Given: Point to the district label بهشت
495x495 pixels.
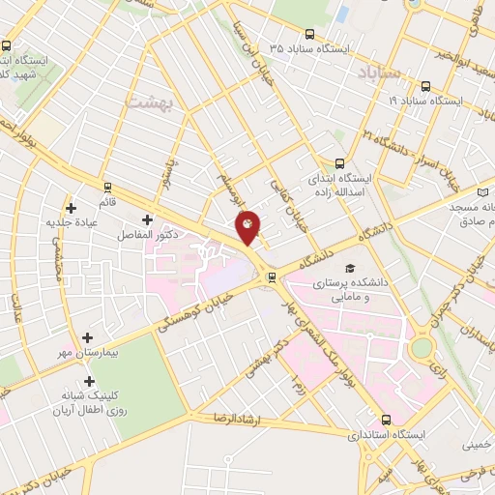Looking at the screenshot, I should click(x=149, y=101).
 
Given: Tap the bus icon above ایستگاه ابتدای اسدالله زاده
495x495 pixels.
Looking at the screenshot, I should click(x=338, y=163).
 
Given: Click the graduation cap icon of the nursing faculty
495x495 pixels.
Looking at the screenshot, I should click(x=349, y=269).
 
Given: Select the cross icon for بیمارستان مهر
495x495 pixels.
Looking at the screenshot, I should click(x=88, y=337).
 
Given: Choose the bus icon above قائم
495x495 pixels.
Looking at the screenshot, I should click(x=107, y=187).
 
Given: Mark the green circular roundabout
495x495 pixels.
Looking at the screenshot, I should click(x=422, y=346).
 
